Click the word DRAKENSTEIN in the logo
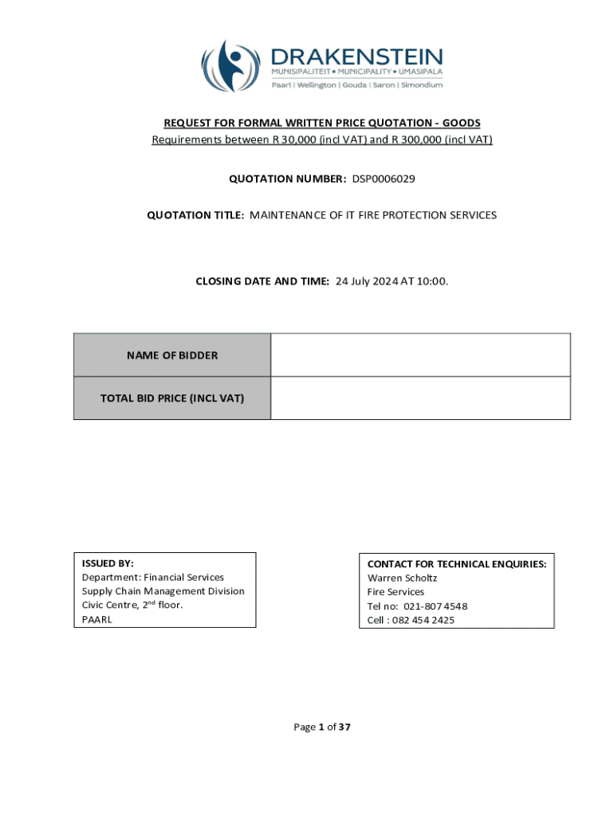pyautogui.click(x=356, y=57)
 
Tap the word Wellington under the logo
pyautogui.click(x=317, y=85)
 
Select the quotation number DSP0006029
pyautogui.click(x=384, y=178)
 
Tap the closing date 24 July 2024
pyautogui.click(x=372, y=280)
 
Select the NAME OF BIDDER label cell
pyautogui.click(x=172, y=355)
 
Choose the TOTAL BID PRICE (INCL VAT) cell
pyautogui.click(x=172, y=398)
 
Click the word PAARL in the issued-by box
pyautogui.click(x=96, y=619)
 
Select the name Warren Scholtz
pyautogui.click(x=402, y=578)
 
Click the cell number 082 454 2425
pyautogui.click(x=424, y=620)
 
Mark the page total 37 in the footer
pyautogui.click(x=344, y=727)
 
